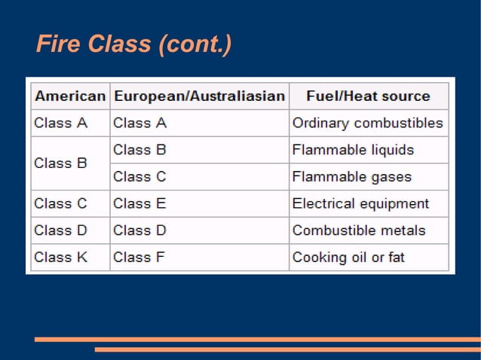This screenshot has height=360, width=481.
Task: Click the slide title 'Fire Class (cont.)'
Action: coord(133,45)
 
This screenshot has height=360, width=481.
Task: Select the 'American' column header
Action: coord(70,96)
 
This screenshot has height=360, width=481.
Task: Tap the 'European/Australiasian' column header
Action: coord(199,96)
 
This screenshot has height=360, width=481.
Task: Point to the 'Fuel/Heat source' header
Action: coord(368,96)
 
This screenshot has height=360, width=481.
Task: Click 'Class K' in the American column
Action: coord(61,258)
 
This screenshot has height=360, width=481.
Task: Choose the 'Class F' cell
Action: coord(139,258)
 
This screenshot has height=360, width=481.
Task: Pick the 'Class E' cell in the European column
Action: coord(139,203)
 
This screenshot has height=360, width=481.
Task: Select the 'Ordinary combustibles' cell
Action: coord(367,123)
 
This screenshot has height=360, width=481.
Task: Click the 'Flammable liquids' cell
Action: coord(353,150)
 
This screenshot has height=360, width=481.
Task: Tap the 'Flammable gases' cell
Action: coord(352,177)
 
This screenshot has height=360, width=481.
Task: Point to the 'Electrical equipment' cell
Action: coord(360,203)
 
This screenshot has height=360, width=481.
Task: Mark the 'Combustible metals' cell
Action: coord(359,230)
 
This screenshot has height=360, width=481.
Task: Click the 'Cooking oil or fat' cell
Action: coord(348,258)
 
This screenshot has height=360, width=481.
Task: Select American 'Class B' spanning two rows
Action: coord(61,163)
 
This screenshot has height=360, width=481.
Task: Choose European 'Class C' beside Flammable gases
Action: coord(139,177)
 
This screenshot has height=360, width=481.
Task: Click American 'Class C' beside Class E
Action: coord(61,203)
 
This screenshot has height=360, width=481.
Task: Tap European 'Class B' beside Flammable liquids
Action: coord(139,150)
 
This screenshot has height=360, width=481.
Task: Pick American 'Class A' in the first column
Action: coord(61,123)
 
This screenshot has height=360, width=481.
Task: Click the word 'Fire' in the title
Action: coord(57,45)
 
